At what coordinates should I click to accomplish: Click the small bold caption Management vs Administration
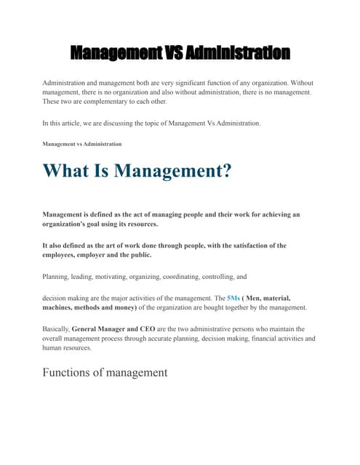pyautogui.click(x=82, y=144)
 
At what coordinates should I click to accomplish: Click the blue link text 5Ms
pyautogui.click(x=233, y=298)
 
